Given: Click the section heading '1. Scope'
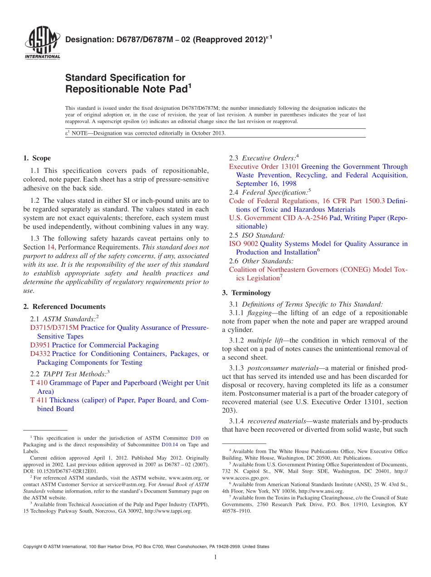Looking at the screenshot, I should click(37, 158).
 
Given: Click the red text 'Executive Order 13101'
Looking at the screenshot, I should click(264, 167).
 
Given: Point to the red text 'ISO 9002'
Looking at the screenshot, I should click(243, 244).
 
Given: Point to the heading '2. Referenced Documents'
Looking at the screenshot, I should click(64, 307).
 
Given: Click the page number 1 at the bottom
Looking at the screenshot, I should click(215, 557).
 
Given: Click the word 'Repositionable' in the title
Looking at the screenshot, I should click(108, 89).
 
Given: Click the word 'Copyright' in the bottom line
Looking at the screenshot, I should click(33, 547).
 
